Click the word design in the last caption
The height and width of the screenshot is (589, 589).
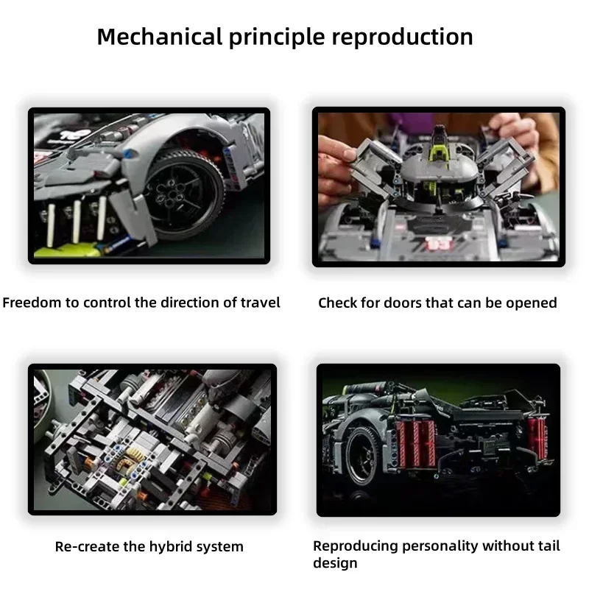click(336, 563)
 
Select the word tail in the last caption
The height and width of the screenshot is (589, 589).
click(547, 546)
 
